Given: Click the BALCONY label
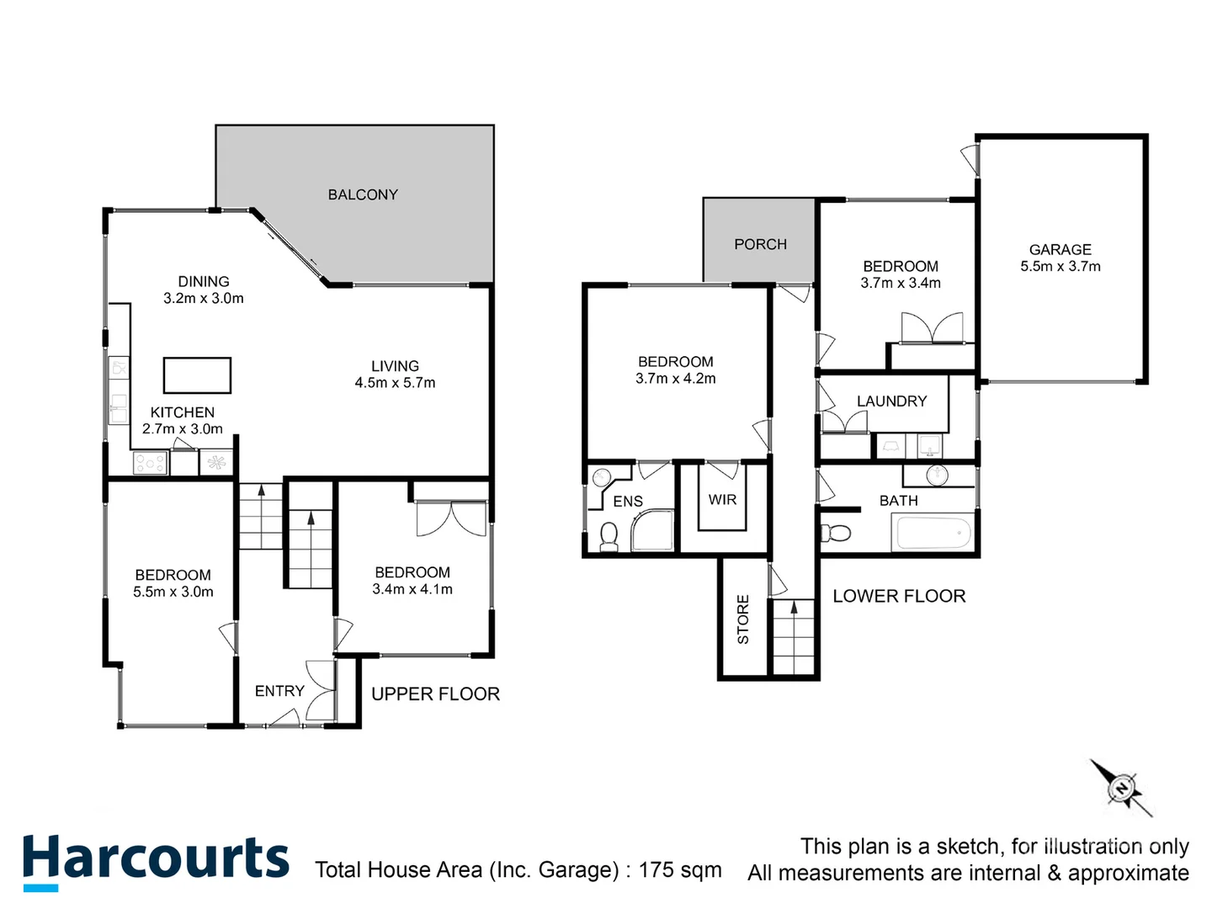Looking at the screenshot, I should [x=363, y=194].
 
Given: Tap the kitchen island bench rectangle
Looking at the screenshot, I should [x=197, y=375].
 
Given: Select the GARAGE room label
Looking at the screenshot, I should [x=1060, y=250].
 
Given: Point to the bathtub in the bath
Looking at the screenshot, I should [x=933, y=533].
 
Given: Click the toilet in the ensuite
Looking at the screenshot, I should [x=608, y=535].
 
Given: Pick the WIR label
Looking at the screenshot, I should [x=722, y=500].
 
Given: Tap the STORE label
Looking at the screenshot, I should [x=743, y=619].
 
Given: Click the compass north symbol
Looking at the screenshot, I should [x=1121, y=789].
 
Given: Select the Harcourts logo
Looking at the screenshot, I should [x=156, y=860].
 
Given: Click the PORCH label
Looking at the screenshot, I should [x=760, y=244].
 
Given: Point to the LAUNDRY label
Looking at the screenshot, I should [x=891, y=401].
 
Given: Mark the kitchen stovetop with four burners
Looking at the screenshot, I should [x=151, y=462].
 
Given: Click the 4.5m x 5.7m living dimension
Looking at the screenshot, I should [x=395, y=383].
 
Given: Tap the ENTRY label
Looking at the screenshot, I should [x=279, y=691].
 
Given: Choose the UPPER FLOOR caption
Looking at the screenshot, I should [x=435, y=694].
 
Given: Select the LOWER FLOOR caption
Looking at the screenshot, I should [x=899, y=597].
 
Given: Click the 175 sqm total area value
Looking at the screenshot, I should [x=680, y=869].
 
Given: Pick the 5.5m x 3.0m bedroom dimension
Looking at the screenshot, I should [x=173, y=593].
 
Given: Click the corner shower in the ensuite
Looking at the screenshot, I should [x=654, y=531].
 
